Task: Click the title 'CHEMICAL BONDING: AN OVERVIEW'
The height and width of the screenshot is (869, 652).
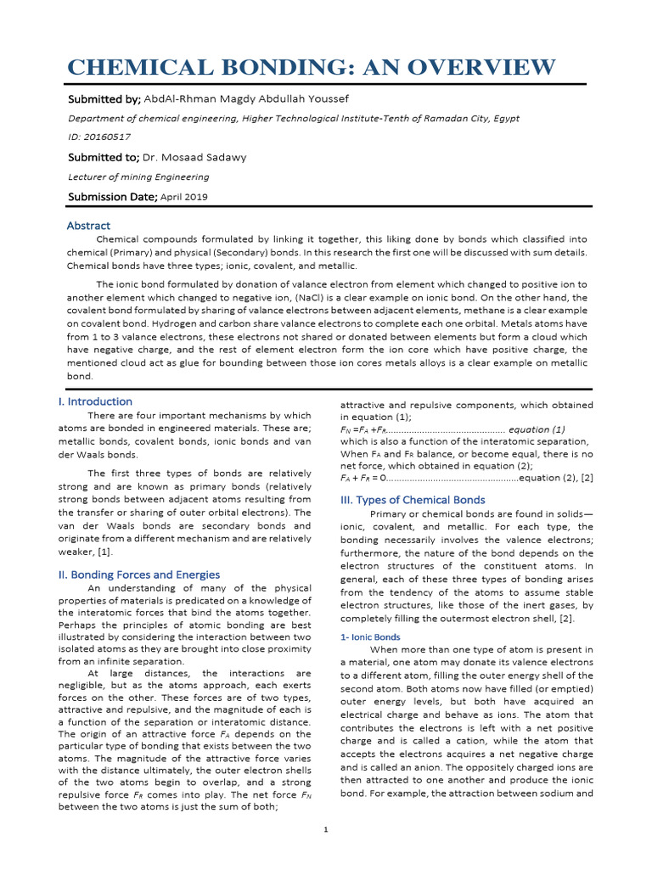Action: click(312, 67)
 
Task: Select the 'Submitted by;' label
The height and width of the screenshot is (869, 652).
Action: click(104, 100)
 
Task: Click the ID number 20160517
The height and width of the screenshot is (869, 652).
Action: click(114, 137)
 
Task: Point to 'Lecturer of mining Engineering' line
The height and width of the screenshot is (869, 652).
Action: click(138, 177)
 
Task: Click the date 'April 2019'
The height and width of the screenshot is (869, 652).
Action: click(184, 197)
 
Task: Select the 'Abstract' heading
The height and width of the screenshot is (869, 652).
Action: click(88, 226)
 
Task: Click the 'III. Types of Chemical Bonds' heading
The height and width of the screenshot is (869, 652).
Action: click(413, 500)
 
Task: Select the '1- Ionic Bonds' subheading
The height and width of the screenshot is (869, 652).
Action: click(370, 636)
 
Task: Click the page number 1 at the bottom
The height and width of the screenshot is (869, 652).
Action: click(326, 829)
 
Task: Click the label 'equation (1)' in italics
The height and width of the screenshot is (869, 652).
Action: click(537, 429)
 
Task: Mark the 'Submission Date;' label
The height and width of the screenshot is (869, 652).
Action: click(112, 197)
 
